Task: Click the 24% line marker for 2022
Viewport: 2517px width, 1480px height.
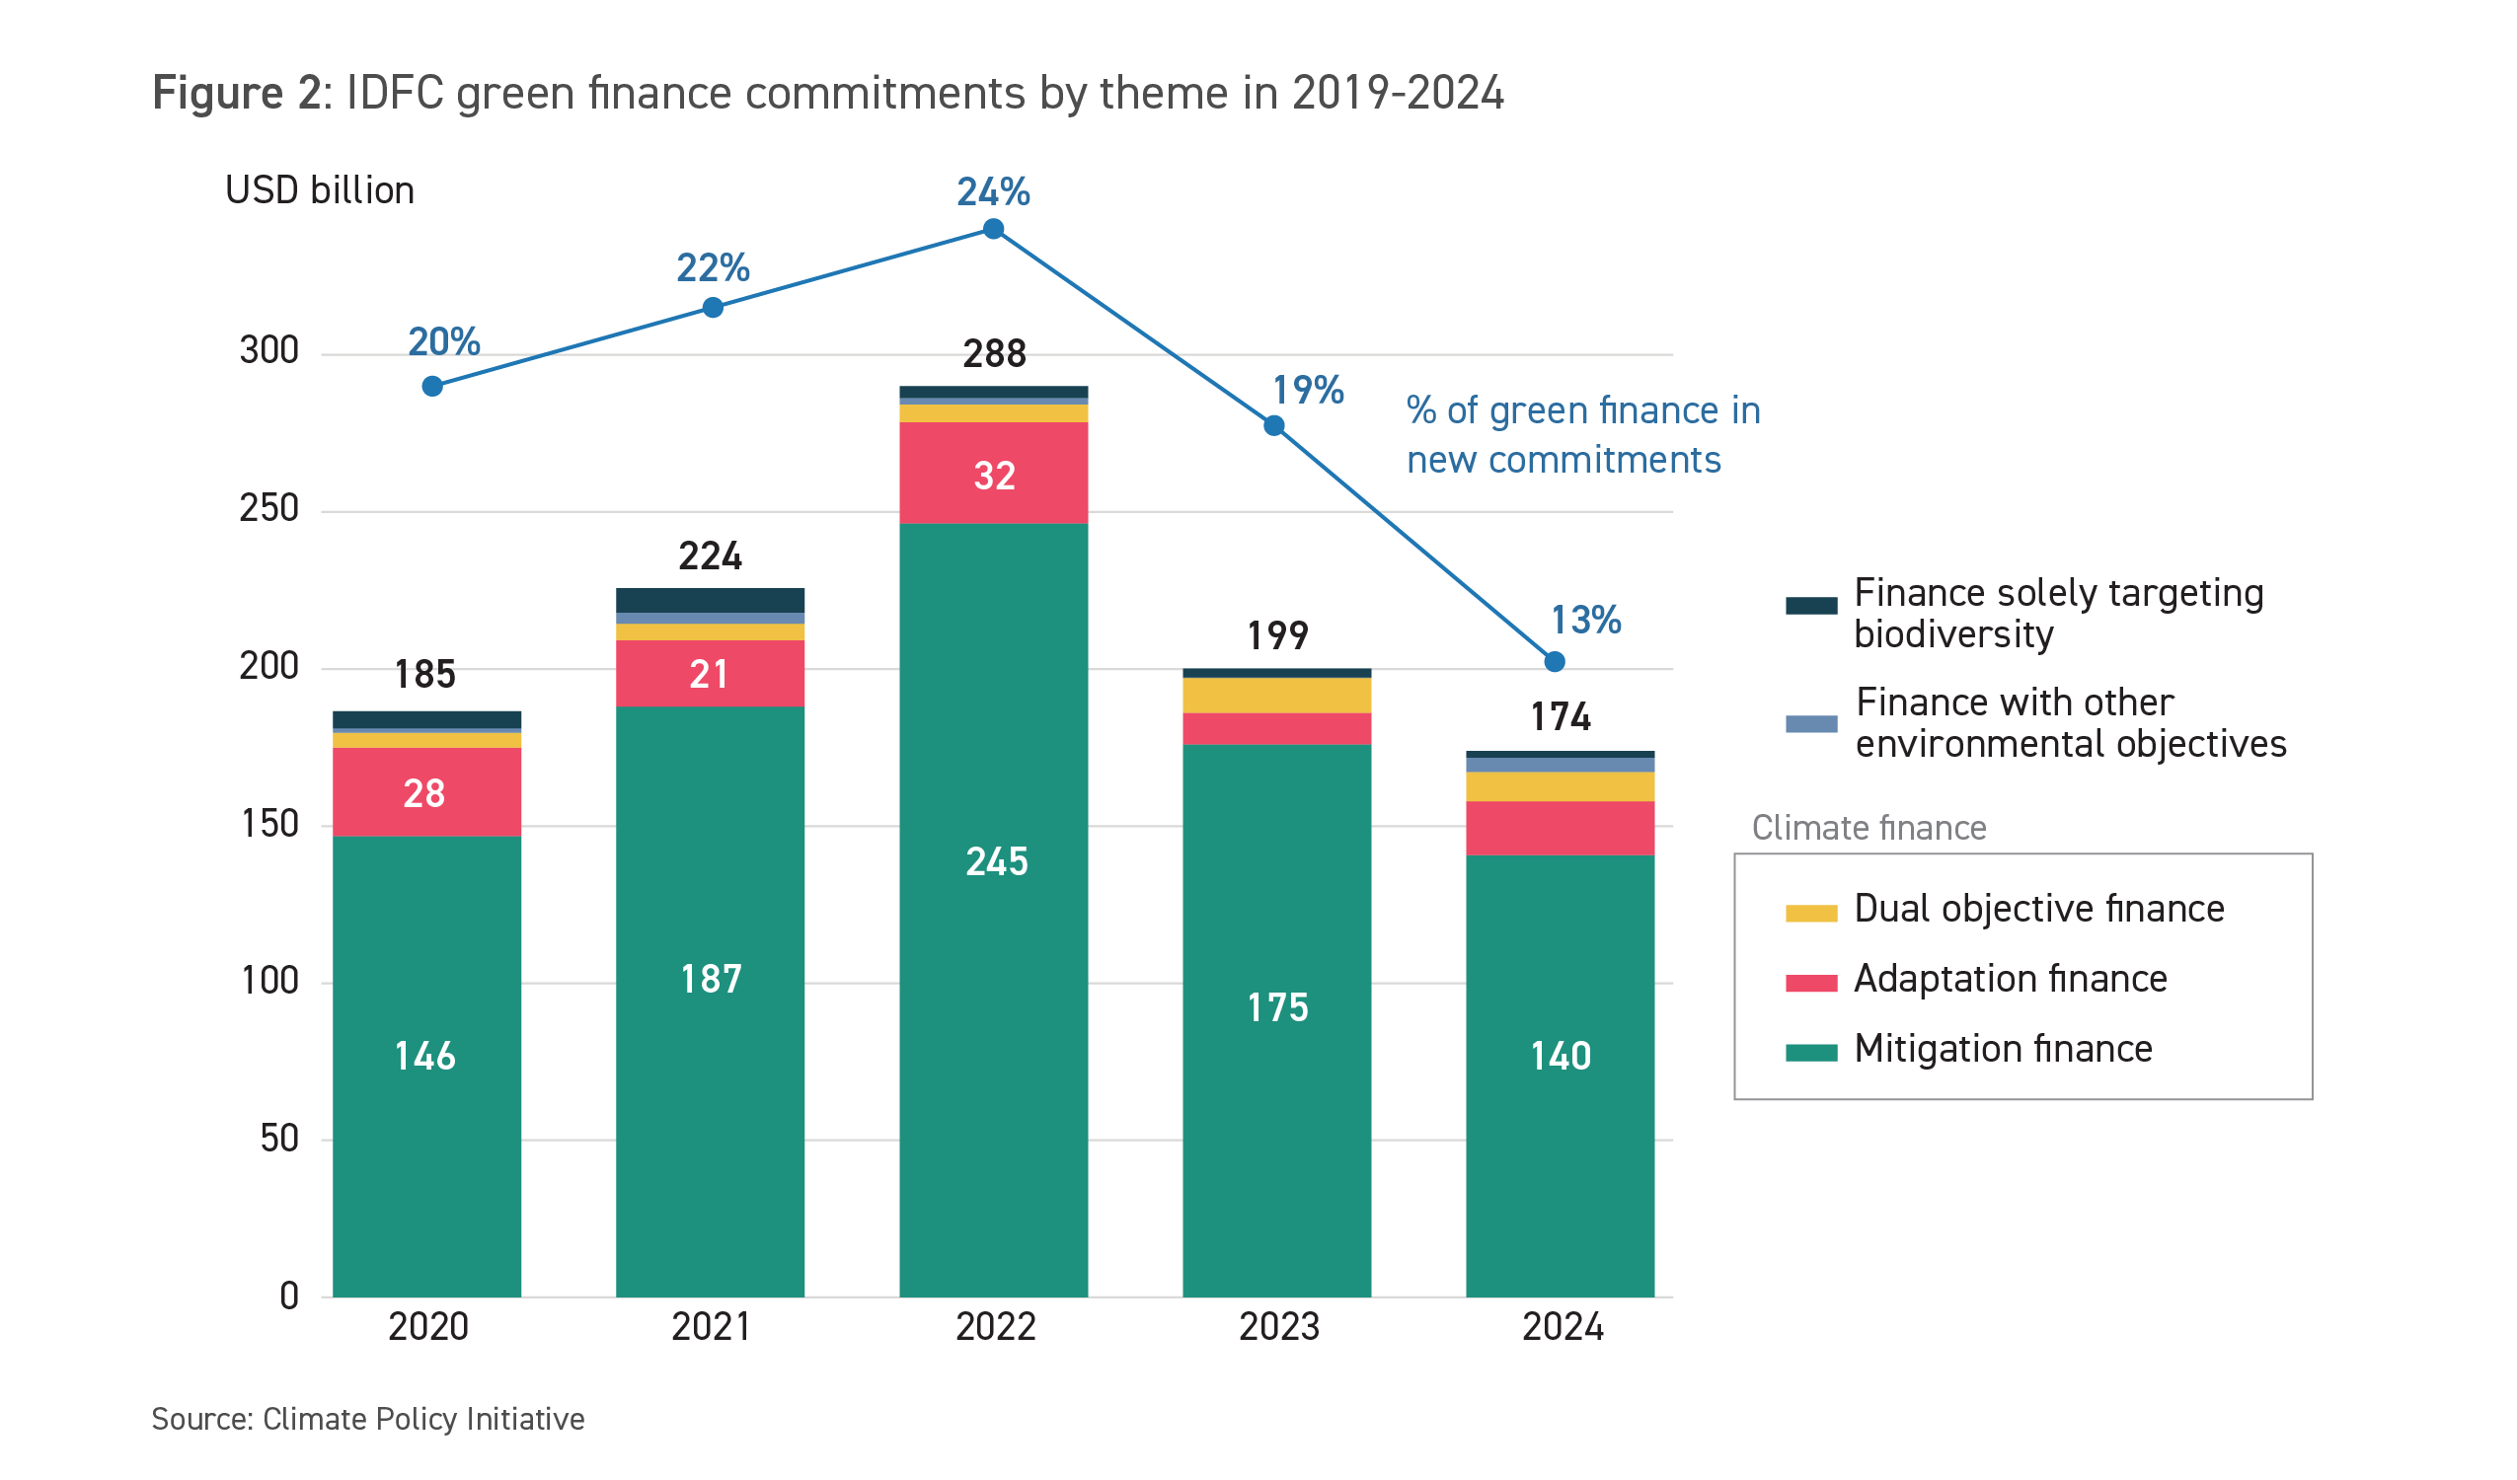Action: pyautogui.click(x=993, y=230)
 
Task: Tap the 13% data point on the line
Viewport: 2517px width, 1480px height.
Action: pyautogui.click(x=1555, y=662)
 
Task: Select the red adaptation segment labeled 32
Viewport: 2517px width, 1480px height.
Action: pyautogui.click(x=993, y=474)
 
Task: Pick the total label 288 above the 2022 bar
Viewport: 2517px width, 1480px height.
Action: pyautogui.click(x=994, y=353)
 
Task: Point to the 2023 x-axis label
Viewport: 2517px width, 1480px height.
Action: pyautogui.click(x=1278, y=1327)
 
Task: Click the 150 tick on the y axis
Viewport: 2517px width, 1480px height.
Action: pyautogui.click(x=269, y=825)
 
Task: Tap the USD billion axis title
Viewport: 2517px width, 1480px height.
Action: pyautogui.click(x=320, y=190)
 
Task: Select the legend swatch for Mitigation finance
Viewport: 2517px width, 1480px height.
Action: pyautogui.click(x=1811, y=1053)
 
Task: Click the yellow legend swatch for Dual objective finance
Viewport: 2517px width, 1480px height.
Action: pyautogui.click(x=1811, y=913)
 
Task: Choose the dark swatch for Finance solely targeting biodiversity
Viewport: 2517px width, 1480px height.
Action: pyautogui.click(x=1811, y=605)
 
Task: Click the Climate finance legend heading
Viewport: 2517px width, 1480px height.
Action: pyautogui.click(x=1869, y=828)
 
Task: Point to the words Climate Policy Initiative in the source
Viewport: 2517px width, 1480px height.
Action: pyautogui.click(x=423, y=1419)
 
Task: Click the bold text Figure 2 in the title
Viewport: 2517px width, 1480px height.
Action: pyautogui.click(x=237, y=94)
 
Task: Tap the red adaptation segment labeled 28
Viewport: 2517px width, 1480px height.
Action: pyautogui.click(x=426, y=792)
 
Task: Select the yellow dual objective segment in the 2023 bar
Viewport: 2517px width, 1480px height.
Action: pyautogui.click(x=1276, y=695)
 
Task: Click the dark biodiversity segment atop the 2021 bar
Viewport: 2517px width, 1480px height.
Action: pyautogui.click(x=710, y=600)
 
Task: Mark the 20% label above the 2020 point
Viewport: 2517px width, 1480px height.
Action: pyautogui.click(x=444, y=342)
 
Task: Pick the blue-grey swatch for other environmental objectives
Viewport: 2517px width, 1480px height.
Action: pyautogui.click(x=1811, y=724)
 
